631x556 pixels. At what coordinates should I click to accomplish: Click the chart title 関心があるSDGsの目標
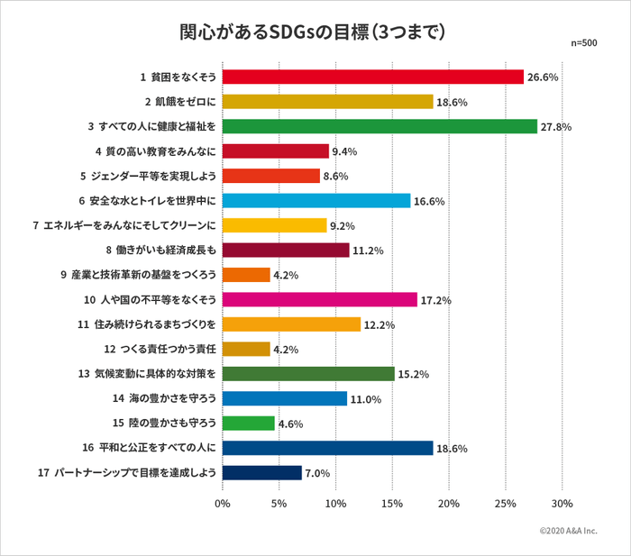point(313,32)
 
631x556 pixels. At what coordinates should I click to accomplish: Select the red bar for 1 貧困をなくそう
point(372,77)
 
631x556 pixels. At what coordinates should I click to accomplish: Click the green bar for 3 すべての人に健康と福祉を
point(379,126)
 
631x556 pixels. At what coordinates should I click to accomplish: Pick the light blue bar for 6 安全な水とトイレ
point(315,200)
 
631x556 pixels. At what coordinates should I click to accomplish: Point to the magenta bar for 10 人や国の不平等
point(319,299)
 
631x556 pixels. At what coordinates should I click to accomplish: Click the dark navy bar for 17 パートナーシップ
point(261,472)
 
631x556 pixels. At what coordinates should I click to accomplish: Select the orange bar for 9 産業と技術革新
point(245,275)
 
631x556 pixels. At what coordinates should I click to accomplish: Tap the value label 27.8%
point(556,127)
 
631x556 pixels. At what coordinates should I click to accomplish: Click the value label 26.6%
point(543,77)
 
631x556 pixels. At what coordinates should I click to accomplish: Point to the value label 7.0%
point(317,473)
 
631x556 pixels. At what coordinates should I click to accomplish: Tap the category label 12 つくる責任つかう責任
point(160,349)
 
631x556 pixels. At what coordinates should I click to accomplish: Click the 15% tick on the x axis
point(392,504)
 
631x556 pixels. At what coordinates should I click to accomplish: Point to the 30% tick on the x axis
point(562,504)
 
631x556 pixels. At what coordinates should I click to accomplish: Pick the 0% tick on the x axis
point(222,504)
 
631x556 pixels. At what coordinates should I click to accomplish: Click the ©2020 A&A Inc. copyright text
point(568,532)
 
